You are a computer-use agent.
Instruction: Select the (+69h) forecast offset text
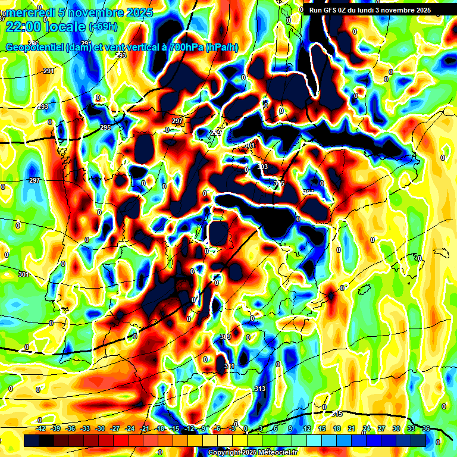coord(102,27)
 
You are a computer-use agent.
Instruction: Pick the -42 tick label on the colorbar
coord(41,429)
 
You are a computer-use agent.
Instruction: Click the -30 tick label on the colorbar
coord(100,429)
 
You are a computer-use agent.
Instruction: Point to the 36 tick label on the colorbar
coord(426,429)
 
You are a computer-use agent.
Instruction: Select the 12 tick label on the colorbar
coord(307,429)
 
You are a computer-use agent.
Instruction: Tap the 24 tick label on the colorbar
coord(367,429)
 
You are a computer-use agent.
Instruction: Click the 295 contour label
coord(105,128)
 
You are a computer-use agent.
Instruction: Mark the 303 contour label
coord(262,167)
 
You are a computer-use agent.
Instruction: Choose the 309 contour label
coord(225,337)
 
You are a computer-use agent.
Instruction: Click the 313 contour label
coord(259,389)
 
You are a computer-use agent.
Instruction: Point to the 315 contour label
coord(278,184)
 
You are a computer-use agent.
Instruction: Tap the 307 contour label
coord(308,192)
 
